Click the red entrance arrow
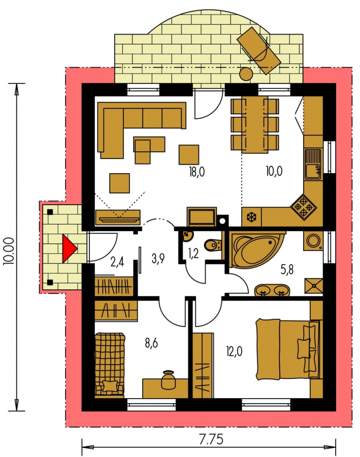70,249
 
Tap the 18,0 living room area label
197,172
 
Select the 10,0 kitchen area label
274,172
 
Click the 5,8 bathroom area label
287,270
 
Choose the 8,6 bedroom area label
151,343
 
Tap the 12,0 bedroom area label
234,351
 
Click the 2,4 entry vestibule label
117,262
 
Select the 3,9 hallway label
158,258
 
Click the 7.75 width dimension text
211,439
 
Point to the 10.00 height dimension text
9,251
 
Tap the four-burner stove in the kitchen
303,207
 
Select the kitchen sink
313,164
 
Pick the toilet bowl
212,245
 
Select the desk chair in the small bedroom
168,379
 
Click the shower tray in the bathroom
314,285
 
